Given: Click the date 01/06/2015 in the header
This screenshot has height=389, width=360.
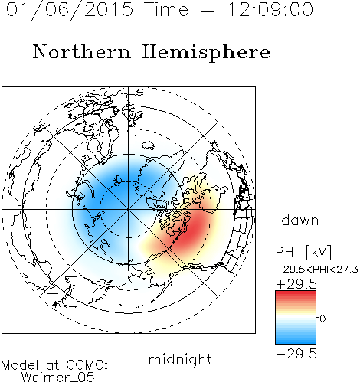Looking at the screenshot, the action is pyautogui.click(x=70, y=10).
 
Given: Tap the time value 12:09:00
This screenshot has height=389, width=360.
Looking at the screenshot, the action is pyautogui.click(x=270, y=10).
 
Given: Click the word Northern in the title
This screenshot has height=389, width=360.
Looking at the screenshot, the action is pyautogui.click(x=82, y=51).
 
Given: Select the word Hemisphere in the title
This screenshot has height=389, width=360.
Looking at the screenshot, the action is pyautogui.click(x=206, y=52).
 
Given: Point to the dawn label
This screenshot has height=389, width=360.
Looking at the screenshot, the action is pyautogui.click(x=300, y=220).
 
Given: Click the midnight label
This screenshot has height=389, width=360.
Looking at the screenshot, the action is pyautogui.click(x=180, y=360).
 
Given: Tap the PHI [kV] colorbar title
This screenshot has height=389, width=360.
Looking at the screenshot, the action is pyautogui.click(x=303, y=252).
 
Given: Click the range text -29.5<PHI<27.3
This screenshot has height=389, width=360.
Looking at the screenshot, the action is pyautogui.click(x=317, y=270).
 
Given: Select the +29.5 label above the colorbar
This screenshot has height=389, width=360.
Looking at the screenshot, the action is pyautogui.click(x=296, y=284).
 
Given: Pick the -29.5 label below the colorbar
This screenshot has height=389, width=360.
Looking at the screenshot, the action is pyautogui.click(x=296, y=354).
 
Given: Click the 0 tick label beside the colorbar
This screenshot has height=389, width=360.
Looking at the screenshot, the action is pyautogui.click(x=322, y=319).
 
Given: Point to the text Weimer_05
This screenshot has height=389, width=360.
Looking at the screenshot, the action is pyautogui.click(x=58, y=377).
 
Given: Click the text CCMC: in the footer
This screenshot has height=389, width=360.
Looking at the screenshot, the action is pyautogui.click(x=87, y=365).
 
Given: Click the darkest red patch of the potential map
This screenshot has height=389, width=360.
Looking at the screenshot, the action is pyautogui.click(x=192, y=231).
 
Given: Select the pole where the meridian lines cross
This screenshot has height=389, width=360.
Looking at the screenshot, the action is pyautogui.click(x=128, y=210).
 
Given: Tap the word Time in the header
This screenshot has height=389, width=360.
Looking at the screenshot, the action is pyautogui.click(x=166, y=10).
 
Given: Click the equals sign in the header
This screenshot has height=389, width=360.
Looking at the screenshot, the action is pyautogui.click(x=208, y=10).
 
